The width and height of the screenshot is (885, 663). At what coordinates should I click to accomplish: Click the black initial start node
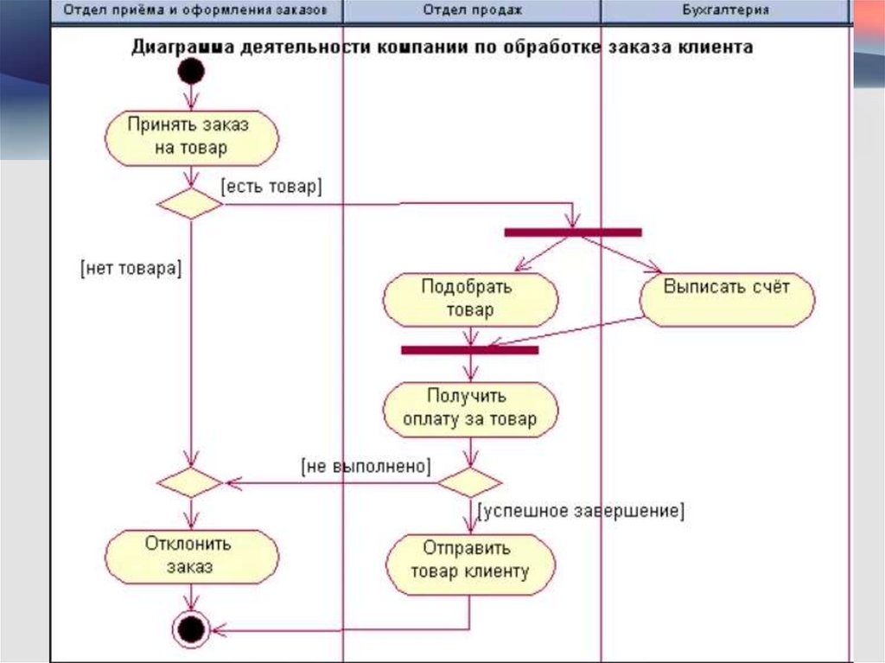point(191,72)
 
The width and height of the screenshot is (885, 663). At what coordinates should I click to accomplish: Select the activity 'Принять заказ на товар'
point(191,137)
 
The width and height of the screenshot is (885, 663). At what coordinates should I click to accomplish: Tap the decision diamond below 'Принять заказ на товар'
point(190,204)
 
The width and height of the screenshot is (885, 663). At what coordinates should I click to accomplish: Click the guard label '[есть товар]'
point(271,186)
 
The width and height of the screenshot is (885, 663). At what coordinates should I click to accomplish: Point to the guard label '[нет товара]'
point(130,268)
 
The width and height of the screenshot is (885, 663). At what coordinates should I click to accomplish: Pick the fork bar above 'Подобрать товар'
point(572,232)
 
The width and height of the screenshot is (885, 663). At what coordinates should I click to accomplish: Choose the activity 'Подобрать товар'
point(469,299)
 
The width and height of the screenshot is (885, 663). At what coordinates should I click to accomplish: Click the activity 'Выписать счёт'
point(727,299)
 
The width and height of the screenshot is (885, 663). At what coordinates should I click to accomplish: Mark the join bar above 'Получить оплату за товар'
point(469,349)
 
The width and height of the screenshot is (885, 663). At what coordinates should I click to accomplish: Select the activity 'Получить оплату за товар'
point(469,408)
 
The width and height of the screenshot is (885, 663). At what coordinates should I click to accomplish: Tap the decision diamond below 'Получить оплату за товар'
point(469,482)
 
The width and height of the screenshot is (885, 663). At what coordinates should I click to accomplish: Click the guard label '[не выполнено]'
point(366,466)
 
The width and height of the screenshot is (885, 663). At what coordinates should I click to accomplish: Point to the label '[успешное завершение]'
point(581,511)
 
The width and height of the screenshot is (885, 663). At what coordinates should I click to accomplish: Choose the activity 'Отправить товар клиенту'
point(469,560)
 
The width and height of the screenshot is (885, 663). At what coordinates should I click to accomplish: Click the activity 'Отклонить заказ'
point(190,556)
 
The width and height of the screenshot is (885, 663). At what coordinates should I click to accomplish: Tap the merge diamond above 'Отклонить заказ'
point(190,482)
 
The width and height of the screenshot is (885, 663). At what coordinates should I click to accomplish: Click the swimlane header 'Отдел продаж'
point(472,10)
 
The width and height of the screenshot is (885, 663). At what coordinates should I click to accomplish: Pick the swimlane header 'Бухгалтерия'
point(725,10)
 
